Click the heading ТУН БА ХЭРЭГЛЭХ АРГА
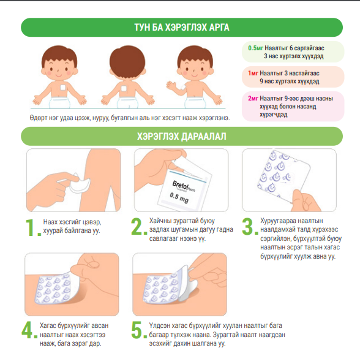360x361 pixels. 182,28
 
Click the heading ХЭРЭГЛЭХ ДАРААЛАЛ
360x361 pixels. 182,136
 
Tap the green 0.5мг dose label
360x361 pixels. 255,48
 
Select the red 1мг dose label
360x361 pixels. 253,73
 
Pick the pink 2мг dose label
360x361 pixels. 253,98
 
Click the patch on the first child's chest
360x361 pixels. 63,88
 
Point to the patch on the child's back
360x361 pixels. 124,88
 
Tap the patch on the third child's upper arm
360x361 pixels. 183,87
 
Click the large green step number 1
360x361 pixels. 33,227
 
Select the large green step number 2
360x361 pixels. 139,227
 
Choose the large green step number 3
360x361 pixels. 250,227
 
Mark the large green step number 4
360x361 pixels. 29,330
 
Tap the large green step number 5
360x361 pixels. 139,330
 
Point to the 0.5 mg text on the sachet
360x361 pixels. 179,197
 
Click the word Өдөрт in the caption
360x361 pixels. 38,118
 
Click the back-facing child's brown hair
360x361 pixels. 127,60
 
